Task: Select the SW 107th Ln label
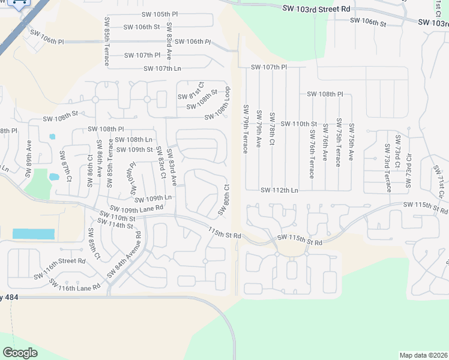pos(162,68)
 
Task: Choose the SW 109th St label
pos(134,149)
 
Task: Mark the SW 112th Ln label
pos(279,190)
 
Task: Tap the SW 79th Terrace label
pos(246,129)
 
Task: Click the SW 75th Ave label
pos(351,143)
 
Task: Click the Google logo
pos(20,352)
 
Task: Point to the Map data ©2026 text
pos(423,355)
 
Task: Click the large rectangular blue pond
pos(33,234)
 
